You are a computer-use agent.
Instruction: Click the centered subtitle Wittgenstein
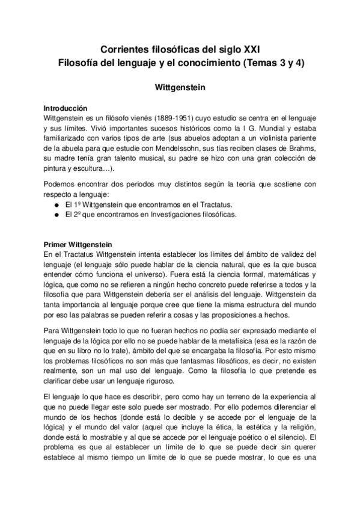(x=180, y=87)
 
